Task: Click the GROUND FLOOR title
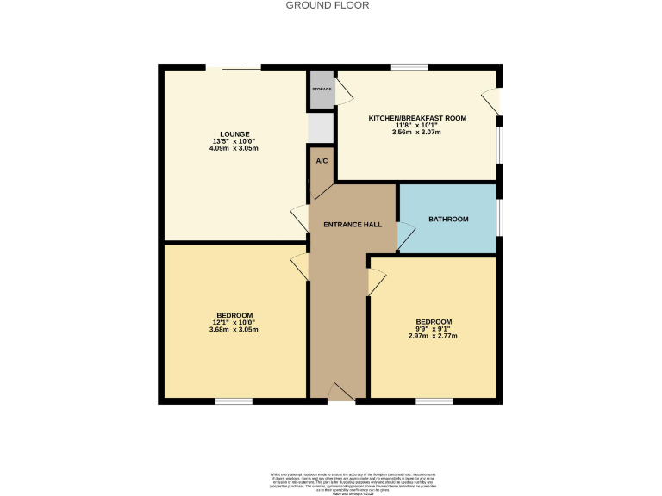click(328, 5)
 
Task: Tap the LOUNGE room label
click(234, 133)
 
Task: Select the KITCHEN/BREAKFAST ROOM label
click(417, 117)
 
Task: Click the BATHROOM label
click(448, 220)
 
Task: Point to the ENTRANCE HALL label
click(352, 225)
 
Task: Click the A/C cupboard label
click(322, 161)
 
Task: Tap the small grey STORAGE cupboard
click(322, 90)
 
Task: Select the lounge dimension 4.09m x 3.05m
click(234, 148)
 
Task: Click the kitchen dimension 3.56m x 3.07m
click(417, 133)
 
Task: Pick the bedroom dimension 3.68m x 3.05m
click(234, 330)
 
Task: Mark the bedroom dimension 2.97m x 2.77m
click(434, 337)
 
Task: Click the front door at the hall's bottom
click(341, 394)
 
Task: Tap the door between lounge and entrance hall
click(300, 219)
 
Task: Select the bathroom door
click(404, 236)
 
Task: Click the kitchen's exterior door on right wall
click(492, 102)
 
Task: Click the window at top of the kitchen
click(409, 66)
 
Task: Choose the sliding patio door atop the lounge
click(233, 66)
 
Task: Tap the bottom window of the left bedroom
click(234, 400)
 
